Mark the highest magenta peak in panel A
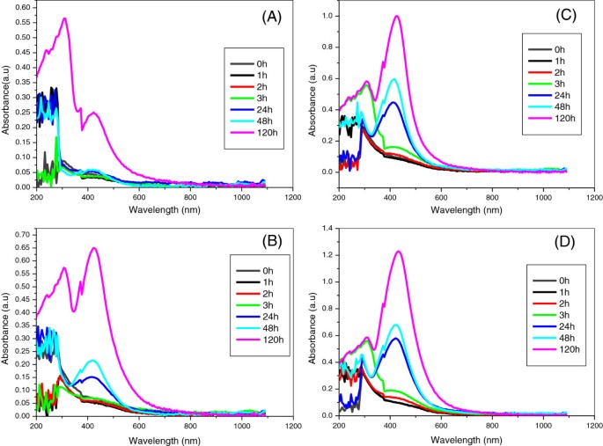click(64, 18)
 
